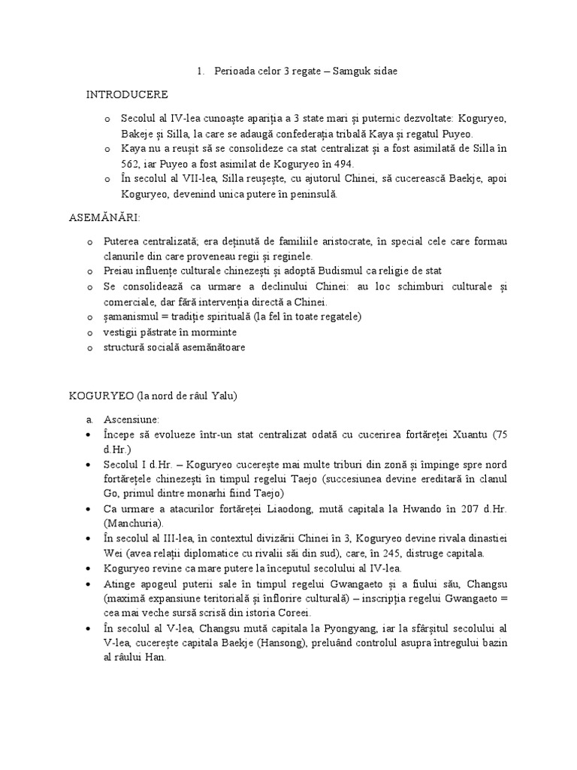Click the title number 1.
point(201,71)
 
